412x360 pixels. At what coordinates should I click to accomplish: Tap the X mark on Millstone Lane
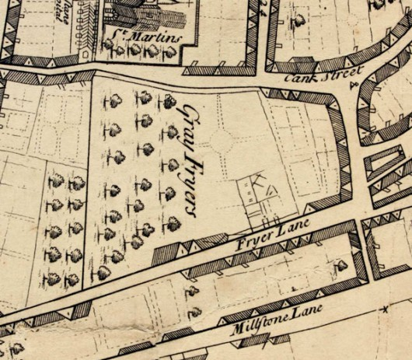coord(383,310)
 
